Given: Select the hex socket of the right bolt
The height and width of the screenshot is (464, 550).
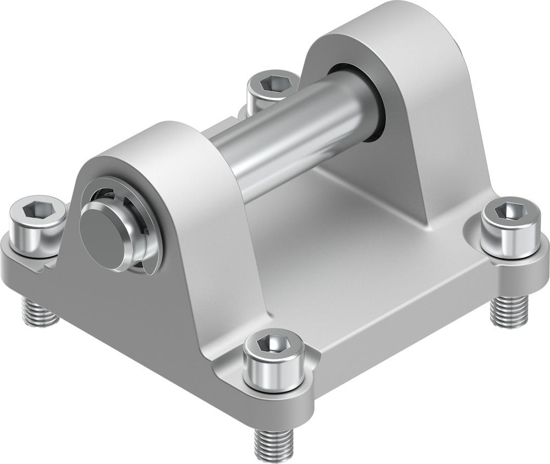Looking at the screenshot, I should pyautogui.click(x=506, y=211).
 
